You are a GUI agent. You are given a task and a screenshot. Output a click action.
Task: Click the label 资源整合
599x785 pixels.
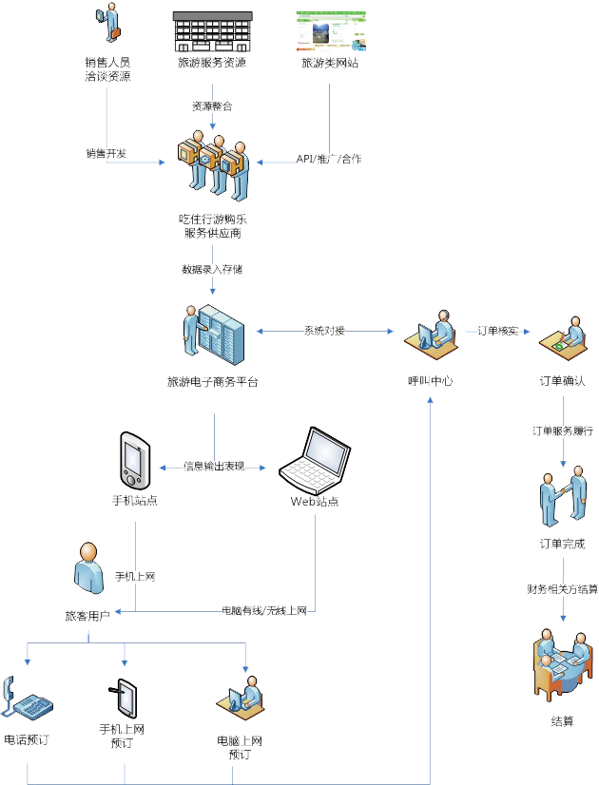[x=211, y=106]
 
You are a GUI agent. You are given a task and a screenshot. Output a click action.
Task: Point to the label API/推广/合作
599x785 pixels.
[x=329, y=159]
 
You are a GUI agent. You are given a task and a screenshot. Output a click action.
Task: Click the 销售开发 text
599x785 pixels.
[x=106, y=153]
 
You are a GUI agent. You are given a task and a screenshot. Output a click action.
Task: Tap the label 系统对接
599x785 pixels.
[x=324, y=331]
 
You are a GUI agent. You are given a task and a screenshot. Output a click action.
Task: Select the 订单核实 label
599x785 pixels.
[x=497, y=331]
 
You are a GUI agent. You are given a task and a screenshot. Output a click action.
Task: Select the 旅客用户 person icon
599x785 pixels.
[x=88, y=567]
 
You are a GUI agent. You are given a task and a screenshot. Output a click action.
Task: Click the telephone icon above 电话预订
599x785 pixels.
[x=27, y=699]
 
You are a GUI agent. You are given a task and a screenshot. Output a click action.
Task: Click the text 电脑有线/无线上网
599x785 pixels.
[x=264, y=610]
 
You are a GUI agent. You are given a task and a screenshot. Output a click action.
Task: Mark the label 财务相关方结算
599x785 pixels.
[x=562, y=589]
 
